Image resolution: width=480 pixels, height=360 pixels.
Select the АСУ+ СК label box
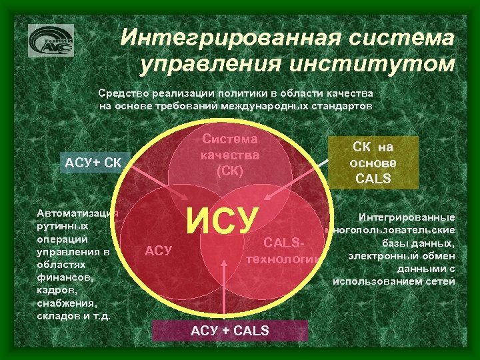tap(91, 163)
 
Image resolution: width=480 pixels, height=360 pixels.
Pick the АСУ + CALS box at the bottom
tap(230, 331)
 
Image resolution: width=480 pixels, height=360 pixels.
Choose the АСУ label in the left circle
tap(159, 251)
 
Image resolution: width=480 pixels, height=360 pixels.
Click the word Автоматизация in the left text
tap(77, 213)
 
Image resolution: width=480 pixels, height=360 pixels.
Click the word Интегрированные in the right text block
tap(407, 217)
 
